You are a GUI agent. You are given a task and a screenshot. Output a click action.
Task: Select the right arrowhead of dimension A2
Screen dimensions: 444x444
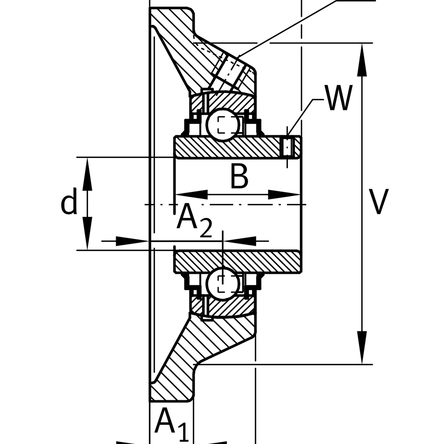click(240, 241)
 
